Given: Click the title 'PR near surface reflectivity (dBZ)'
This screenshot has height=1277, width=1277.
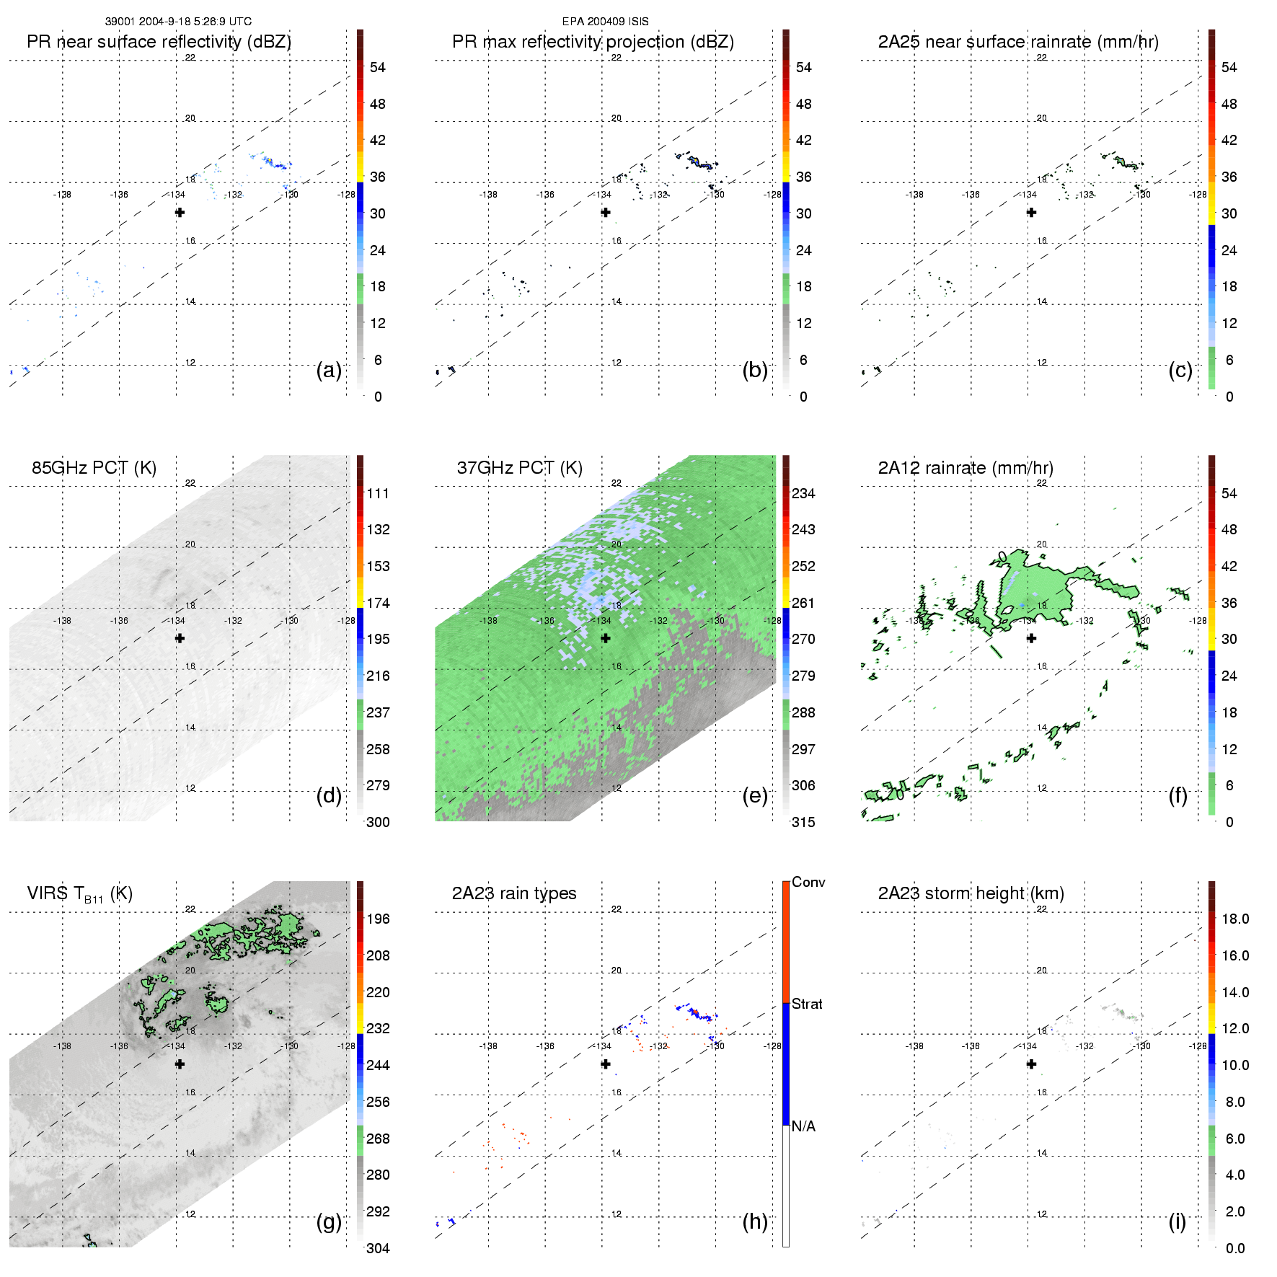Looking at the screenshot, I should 159,42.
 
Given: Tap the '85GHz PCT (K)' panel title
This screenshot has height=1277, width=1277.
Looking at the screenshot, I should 94,468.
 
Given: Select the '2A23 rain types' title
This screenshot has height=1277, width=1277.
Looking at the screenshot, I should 513,893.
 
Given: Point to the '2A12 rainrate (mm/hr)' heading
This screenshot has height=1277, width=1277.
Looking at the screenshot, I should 965,468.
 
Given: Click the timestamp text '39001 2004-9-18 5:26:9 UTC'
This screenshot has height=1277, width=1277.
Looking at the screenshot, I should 178,22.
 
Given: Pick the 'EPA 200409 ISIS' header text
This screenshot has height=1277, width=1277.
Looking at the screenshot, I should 605,22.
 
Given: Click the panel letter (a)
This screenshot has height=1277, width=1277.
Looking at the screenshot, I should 329,371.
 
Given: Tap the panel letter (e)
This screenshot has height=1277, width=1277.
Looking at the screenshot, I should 755,796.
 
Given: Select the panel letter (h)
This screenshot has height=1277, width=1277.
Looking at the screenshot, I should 755,1221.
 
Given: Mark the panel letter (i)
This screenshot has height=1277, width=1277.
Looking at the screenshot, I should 1177,1221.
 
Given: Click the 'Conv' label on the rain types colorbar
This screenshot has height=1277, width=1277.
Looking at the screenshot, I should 808,882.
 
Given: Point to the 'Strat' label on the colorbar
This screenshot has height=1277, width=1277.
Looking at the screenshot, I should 807,1004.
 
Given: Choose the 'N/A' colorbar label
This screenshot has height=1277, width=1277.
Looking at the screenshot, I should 803,1126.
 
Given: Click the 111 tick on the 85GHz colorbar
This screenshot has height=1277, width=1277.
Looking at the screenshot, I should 378,493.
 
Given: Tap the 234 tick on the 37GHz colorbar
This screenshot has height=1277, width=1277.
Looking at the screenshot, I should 803,493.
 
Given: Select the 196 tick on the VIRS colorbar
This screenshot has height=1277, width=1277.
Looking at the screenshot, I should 378,919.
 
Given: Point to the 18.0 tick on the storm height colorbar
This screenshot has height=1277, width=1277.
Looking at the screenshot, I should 1234,919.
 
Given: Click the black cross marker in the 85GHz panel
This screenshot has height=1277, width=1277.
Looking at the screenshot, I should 180,638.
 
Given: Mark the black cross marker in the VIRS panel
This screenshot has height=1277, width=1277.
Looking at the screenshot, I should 180,1064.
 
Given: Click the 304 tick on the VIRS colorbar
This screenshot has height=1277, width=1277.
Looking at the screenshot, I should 378,1248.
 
